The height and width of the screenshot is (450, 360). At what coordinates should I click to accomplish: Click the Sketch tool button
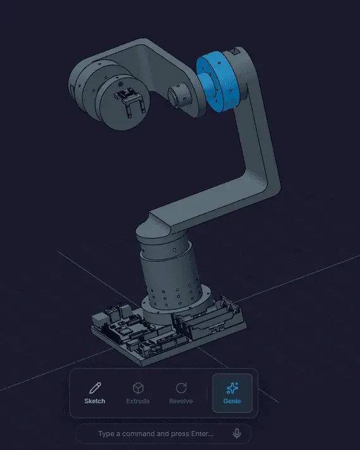(x=95, y=394)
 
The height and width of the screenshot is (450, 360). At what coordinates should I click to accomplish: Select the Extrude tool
(x=138, y=394)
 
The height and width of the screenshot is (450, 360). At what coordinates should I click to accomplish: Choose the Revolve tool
(x=181, y=394)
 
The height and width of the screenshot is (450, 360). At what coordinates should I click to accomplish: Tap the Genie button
(x=232, y=394)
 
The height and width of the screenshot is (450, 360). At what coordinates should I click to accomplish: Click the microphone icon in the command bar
(x=237, y=434)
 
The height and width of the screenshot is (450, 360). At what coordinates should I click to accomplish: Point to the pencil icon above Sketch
(x=95, y=388)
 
